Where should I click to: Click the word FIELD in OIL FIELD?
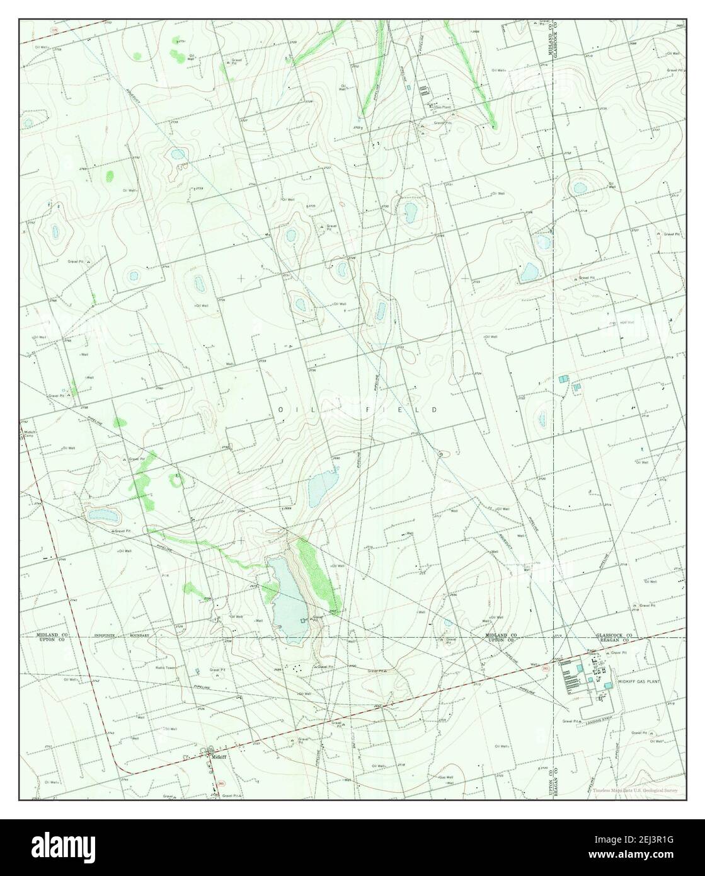(x=412, y=410)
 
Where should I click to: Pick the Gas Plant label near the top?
(x=442, y=107)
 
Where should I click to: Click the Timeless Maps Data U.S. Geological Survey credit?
(x=634, y=790)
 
